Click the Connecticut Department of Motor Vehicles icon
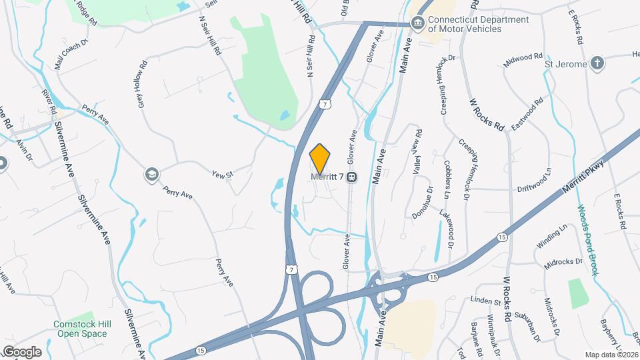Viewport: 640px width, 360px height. pyautogui.click(x=417, y=25)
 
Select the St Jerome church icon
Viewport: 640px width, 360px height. pyautogui.click(x=598, y=64)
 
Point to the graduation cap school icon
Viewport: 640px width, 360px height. pyautogui.click(x=152, y=175)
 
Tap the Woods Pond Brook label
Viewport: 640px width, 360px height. pyautogui.click(x=586, y=240)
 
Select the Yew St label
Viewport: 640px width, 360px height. pyautogui.click(x=223, y=175)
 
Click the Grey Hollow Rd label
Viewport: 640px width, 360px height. pyautogui.click(x=141, y=85)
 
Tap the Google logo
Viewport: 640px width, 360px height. pyautogui.click(x=21, y=351)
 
